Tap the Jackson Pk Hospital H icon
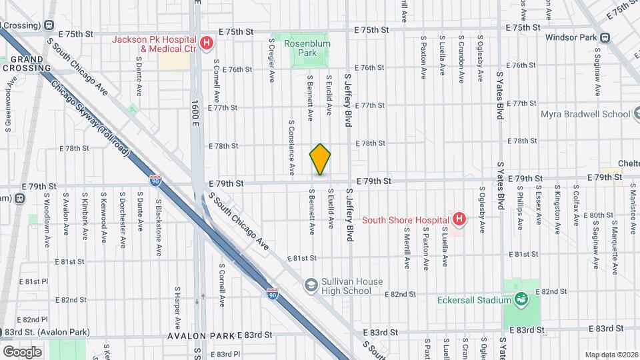[207, 44]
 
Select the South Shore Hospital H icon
[458, 219]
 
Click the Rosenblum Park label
[303, 47]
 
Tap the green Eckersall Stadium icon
[520, 300]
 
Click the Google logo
[22, 351]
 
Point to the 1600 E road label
[195, 114]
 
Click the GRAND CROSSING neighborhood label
[27, 63]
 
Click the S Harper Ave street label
[177, 308]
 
